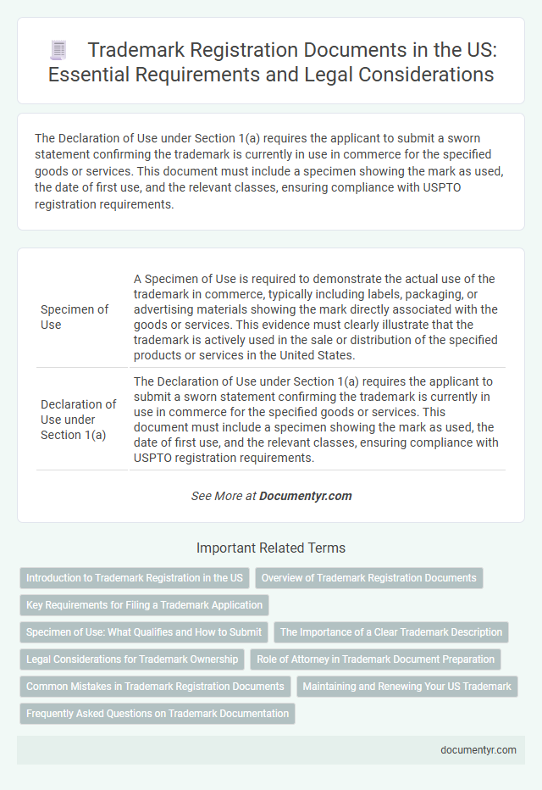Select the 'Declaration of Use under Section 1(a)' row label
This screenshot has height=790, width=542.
[79, 420]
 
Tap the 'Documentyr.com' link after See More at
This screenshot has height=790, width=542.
[306, 496]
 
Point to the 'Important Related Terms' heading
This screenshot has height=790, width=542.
[270, 548]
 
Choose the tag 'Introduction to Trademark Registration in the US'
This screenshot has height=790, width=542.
[134, 578]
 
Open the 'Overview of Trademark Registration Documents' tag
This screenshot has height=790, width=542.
[368, 578]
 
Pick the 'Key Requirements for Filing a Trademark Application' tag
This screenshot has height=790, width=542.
[144, 604]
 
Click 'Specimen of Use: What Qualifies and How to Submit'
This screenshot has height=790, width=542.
[144, 631]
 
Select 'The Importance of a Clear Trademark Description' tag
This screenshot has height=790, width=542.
[391, 631]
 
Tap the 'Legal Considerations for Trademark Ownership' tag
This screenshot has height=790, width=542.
[131, 659]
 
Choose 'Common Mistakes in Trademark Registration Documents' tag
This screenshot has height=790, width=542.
[155, 686]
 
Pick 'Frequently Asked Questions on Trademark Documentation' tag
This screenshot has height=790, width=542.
[158, 713]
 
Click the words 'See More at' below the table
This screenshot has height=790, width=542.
[223, 496]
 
